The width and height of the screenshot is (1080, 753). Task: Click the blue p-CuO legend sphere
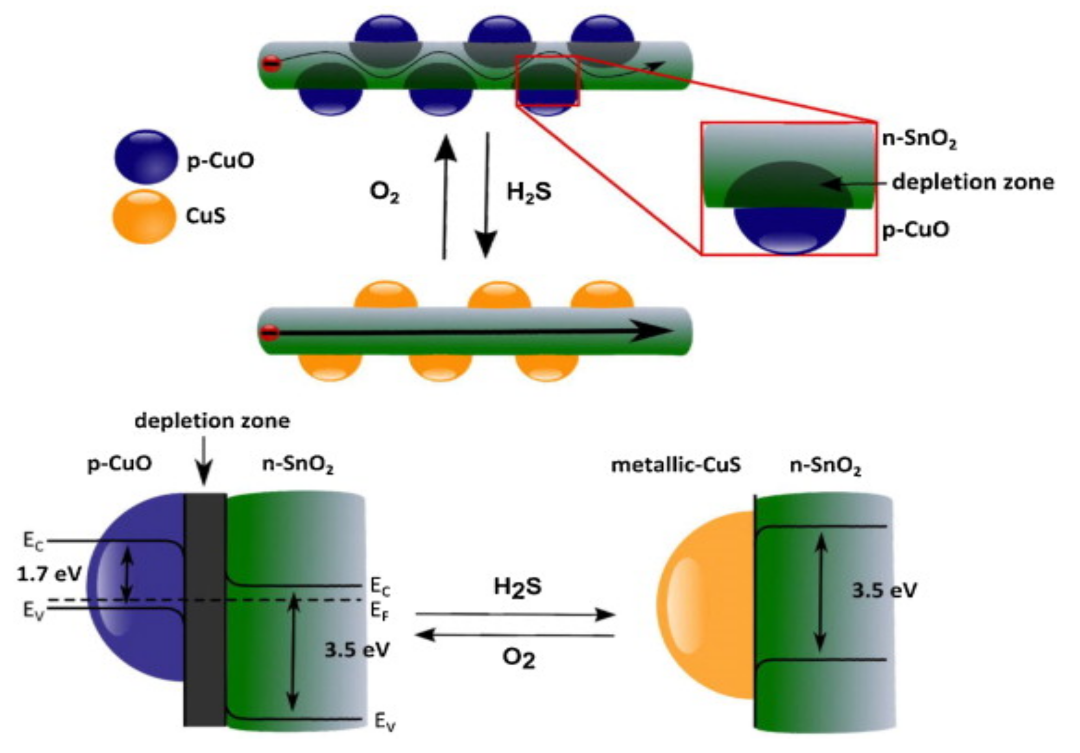point(146,157)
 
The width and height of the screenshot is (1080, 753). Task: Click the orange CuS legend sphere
point(144,216)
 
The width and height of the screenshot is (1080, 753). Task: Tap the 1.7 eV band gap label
point(49,573)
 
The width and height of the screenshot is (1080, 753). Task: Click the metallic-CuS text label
point(675,465)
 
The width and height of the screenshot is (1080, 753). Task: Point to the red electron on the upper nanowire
point(272,64)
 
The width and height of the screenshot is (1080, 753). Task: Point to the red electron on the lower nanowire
point(270,333)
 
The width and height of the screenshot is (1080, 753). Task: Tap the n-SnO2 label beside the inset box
point(918,140)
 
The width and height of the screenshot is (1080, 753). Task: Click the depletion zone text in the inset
point(973,182)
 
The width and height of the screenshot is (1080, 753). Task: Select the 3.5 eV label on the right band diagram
point(884,590)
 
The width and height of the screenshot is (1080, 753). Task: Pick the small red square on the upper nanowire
point(548,80)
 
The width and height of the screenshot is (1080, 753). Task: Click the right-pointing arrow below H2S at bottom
point(515,614)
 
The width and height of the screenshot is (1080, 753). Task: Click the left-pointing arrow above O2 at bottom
point(515,636)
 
